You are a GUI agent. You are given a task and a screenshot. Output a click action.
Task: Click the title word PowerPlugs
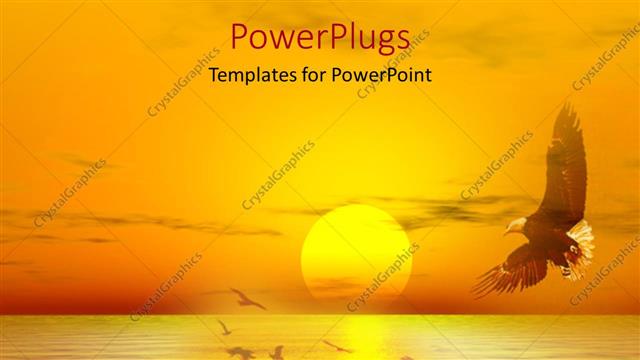click(319, 37)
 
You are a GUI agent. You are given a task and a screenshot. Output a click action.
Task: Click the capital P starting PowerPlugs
click(240, 37)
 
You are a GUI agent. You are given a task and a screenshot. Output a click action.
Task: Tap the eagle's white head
click(517, 225)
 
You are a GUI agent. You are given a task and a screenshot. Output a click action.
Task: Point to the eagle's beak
click(507, 231)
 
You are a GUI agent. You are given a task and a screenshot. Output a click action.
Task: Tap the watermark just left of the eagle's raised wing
click(497, 165)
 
